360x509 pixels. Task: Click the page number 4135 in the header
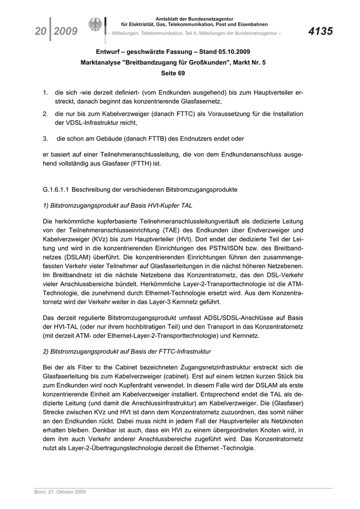tap(320, 32)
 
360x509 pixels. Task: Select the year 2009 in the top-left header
tap(65, 32)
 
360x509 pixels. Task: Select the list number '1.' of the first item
tap(45, 93)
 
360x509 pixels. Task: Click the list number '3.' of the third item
tap(45, 138)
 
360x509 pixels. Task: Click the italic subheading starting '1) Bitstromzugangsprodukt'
tap(118, 205)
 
